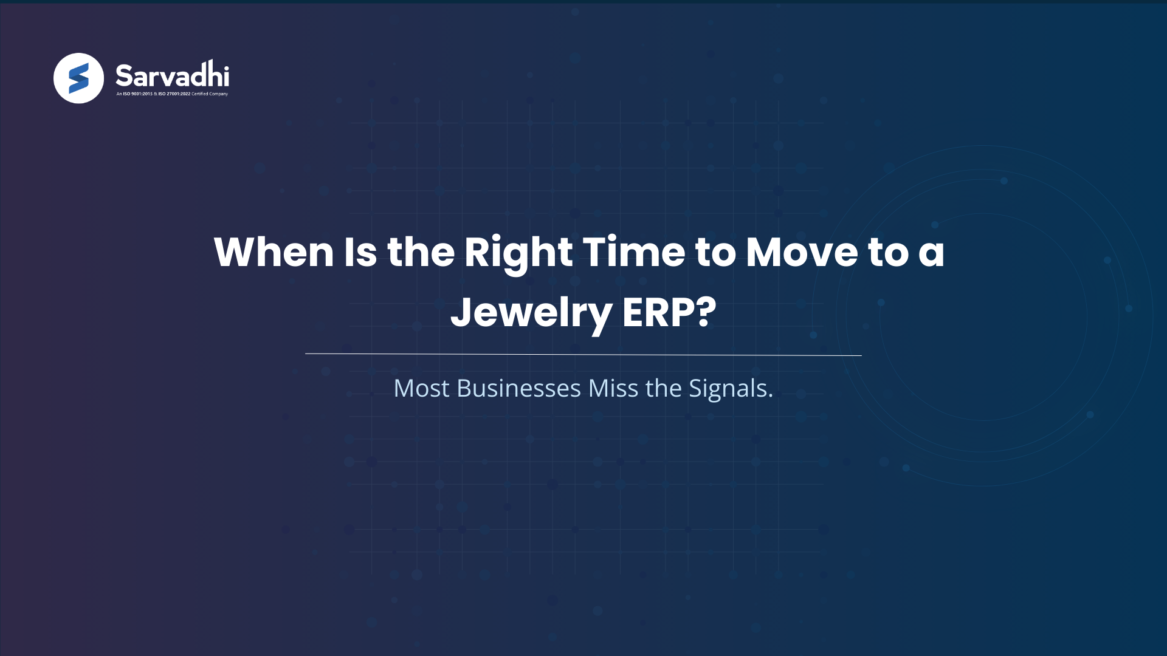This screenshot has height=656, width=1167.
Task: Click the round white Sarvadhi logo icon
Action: click(x=78, y=78)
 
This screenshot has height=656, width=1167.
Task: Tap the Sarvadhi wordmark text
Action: click(x=172, y=75)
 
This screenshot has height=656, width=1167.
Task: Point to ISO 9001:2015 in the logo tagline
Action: click(x=138, y=94)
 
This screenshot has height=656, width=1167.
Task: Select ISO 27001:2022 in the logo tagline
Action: click(x=174, y=94)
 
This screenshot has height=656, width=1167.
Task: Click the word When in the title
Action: click(x=274, y=252)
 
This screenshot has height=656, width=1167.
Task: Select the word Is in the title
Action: click(x=360, y=252)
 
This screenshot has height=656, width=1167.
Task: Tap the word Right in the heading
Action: click(x=518, y=252)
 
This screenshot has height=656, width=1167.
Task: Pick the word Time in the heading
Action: click(x=634, y=252)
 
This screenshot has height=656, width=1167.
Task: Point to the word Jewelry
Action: click(x=531, y=313)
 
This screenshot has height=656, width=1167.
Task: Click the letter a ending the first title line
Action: click(x=931, y=253)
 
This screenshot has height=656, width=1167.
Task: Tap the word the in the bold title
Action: click(x=421, y=252)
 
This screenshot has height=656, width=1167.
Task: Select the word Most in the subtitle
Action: click(x=421, y=389)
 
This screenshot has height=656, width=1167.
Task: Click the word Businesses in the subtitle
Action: click(x=518, y=389)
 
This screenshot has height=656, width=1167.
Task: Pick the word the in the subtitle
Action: click(x=663, y=389)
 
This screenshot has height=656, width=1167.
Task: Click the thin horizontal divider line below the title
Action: click(x=583, y=354)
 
